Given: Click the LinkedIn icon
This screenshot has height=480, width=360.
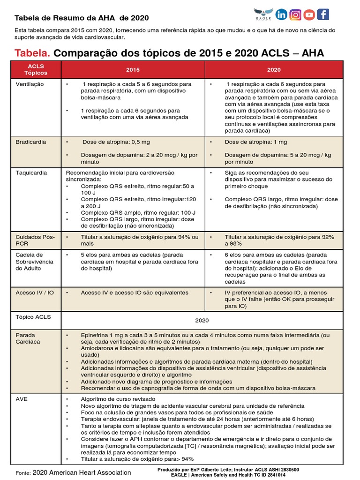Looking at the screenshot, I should pyautogui.click(x=282, y=15).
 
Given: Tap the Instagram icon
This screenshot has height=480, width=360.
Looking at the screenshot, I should pyautogui.click(x=295, y=15).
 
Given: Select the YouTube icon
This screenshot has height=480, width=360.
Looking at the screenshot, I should pyautogui.click(x=309, y=15).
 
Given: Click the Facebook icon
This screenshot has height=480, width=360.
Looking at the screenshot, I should pyautogui.click(x=322, y=15).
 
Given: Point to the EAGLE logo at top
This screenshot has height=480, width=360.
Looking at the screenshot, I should pyautogui.click(x=263, y=15).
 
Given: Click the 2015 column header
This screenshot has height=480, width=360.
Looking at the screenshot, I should pyautogui.click(x=133, y=69).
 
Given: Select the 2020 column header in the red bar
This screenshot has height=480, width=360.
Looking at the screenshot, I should pyautogui.click(x=274, y=69).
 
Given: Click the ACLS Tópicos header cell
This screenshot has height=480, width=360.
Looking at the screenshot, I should pyautogui.click(x=36, y=70).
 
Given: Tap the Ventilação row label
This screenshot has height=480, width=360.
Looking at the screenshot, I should pyautogui.click(x=30, y=84).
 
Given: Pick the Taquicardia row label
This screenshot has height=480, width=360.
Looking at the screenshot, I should pyautogui.click(x=31, y=172).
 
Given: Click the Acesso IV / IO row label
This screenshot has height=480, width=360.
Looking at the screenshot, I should pyautogui.click(x=35, y=292).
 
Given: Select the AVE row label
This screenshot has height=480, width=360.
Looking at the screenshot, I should pyautogui.click(x=22, y=399).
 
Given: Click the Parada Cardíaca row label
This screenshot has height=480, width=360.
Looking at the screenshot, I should pyautogui.click(x=28, y=338).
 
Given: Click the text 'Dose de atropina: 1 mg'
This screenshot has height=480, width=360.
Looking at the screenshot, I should pyautogui.click(x=256, y=142).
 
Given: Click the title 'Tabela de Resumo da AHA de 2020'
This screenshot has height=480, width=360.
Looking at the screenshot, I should pyautogui.click(x=82, y=18).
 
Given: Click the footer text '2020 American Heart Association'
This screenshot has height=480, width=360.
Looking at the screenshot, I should pyautogui.click(x=82, y=472).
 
